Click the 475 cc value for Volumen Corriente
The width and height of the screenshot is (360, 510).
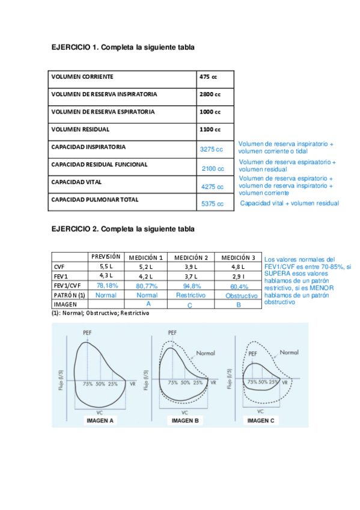click(208, 77)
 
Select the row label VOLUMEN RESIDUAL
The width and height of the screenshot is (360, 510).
click(80, 129)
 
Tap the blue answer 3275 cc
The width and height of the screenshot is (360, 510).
click(211, 149)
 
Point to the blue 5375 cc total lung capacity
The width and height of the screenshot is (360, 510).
click(213, 204)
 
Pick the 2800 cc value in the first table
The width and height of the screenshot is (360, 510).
click(210, 94)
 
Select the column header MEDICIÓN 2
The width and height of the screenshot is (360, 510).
click(190, 257)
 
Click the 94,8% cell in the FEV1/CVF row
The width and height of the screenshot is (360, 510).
click(190, 286)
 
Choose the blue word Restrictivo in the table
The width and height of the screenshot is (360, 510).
click(191, 295)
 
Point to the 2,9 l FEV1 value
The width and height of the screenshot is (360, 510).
click(237, 275)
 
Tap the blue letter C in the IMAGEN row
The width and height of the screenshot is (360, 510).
click(190, 306)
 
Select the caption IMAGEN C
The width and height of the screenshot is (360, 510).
click(261, 421)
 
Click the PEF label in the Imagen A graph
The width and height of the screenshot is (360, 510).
click(88, 334)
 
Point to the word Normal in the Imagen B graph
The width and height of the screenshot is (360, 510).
click(201, 354)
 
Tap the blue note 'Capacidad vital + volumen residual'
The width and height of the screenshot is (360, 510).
click(289, 203)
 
